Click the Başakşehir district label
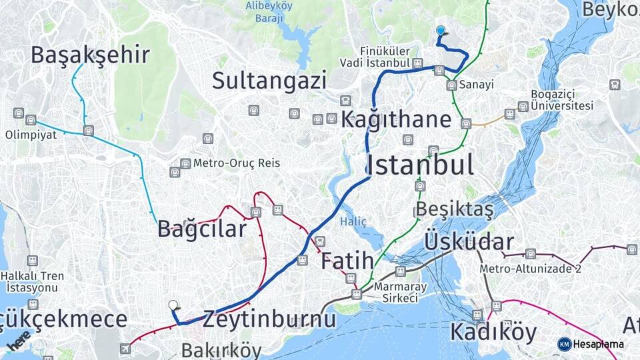coord(90,55)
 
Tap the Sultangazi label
coord(269,81)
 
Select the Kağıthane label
coord(396,120)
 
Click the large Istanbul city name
coord(420,164)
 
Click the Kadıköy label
coord(493,331)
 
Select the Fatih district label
coord(347,261)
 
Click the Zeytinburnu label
coord(269,319)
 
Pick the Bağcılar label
coord(202,229)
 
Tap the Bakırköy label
coord(221,349)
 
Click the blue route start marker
coord(440,31)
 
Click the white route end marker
coord(173,305)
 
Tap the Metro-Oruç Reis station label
coord(237,163)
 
